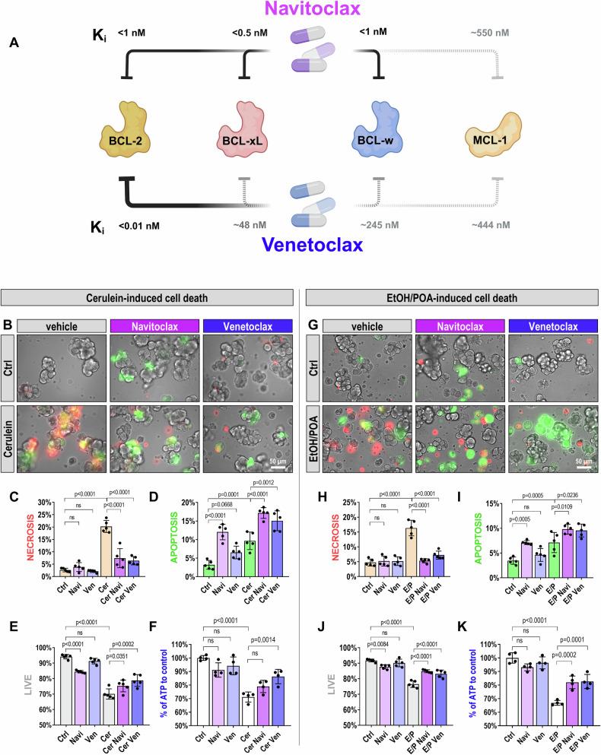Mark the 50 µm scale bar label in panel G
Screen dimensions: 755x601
(x=584, y=461)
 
